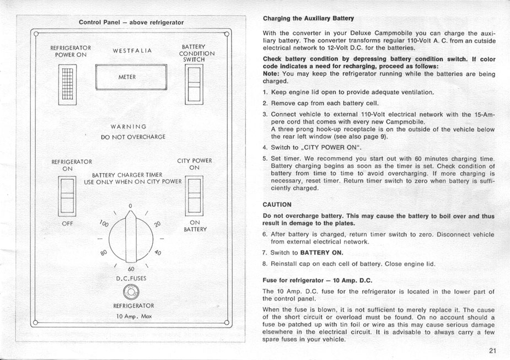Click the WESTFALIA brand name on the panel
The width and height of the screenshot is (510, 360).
[132, 51]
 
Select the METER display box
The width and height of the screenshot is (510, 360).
[131, 77]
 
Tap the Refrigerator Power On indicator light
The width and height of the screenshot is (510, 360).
[66, 84]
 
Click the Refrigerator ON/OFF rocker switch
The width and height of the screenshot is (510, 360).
[67, 196]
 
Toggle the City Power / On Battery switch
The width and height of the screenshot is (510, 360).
[195, 196]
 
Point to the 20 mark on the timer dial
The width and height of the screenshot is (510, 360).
[157, 224]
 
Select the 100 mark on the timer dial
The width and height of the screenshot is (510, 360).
[104, 224]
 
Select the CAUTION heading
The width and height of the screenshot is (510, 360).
[277, 205]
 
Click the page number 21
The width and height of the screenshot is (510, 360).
[492, 351]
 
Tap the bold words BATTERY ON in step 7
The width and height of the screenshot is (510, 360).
[321, 252]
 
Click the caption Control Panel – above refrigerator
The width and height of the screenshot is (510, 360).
[131, 23]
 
